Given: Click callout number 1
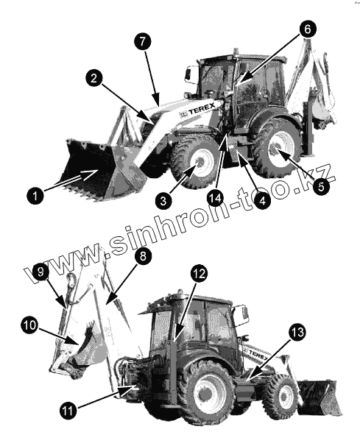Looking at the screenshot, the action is (x=35, y=196).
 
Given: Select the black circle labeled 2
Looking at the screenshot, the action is (x=94, y=78).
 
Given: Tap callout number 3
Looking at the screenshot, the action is (x=163, y=201).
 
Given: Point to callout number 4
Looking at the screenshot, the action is (x=262, y=201).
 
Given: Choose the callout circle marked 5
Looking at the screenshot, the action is (x=321, y=187).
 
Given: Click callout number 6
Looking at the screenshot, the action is (x=308, y=29).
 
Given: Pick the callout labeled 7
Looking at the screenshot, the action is (x=143, y=41).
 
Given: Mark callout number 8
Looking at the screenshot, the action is (x=143, y=255).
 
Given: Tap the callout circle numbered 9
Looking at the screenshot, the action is (x=40, y=272).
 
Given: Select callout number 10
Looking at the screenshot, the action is (x=29, y=325).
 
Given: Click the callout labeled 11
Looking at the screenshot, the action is (x=68, y=411).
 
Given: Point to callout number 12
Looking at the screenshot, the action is (x=199, y=273).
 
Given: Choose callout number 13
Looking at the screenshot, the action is (x=297, y=332).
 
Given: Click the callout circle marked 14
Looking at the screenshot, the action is (x=215, y=198).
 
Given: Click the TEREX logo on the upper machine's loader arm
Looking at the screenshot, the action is (x=197, y=110).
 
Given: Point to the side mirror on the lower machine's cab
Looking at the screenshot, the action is (x=242, y=315).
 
